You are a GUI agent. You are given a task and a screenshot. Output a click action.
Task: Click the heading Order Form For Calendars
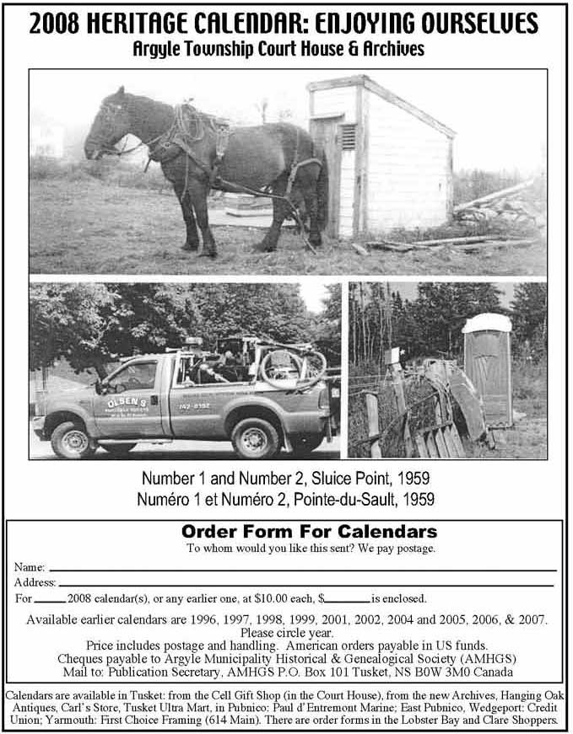pyautogui.click(x=309, y=532)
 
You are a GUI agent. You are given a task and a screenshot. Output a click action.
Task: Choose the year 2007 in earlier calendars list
pyautogui.click(x=529, y=619)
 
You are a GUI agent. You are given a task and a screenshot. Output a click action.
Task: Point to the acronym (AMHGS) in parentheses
pyautogui.click(x=489, y=658)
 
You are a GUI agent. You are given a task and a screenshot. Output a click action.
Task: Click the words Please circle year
pyautogui.click(x=286, y=632)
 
